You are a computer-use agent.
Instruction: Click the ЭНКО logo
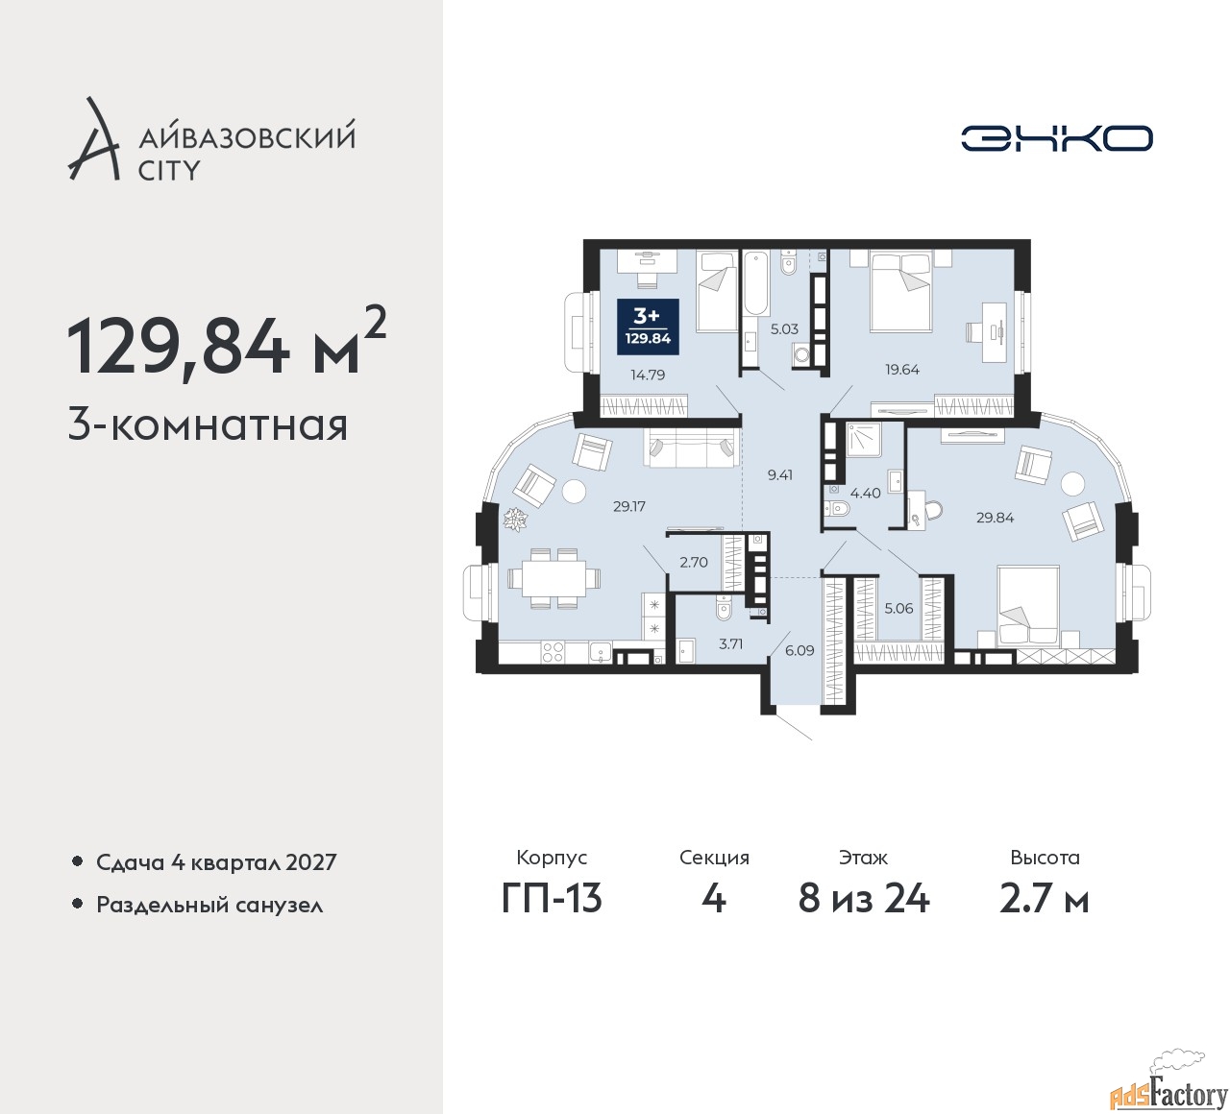[1056, 138]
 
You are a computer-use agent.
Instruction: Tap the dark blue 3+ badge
[648, 327]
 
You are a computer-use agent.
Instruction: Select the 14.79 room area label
[648, 375]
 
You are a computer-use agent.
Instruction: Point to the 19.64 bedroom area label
[902, 370]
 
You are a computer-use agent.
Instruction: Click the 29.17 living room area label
[629, 506]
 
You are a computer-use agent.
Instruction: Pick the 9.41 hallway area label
[780, 474]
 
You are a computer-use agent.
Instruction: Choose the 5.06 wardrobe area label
[898, 609]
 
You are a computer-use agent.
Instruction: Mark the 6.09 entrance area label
[799, 651]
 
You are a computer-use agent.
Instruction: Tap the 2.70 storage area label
[694, 562]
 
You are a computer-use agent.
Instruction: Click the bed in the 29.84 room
[1028, 607]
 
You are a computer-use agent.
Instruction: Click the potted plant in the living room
[512, 519]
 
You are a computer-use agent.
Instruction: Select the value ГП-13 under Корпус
[552, 899]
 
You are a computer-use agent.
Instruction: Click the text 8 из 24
[863, 899]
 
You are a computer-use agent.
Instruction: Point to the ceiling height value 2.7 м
[1044, 899]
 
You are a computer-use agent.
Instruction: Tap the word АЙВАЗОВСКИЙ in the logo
[247, 138]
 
